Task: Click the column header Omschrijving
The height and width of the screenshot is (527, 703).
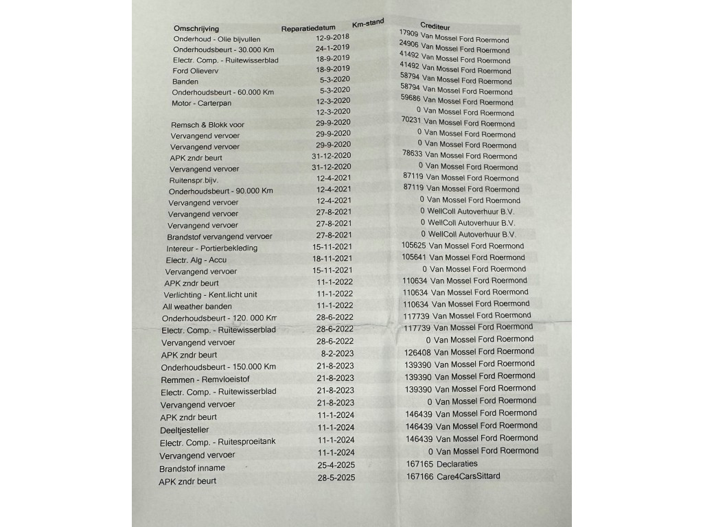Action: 196,29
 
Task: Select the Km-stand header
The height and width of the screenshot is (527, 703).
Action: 368,23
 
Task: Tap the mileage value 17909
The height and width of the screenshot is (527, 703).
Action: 408,33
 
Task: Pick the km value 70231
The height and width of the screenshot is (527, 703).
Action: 410,119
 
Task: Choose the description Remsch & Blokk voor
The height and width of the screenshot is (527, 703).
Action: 207,125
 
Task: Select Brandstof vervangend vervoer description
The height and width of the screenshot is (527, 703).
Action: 220,237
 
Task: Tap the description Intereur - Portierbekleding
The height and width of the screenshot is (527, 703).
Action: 211,248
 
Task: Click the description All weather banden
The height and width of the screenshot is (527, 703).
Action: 197,307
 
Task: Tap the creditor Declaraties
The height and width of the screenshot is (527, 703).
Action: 457,464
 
